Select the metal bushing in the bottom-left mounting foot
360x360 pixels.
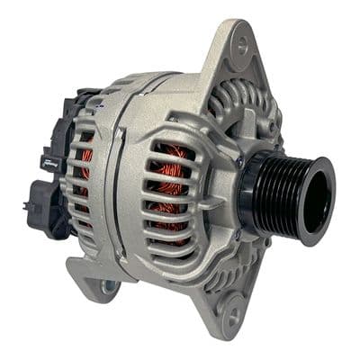tap(109, 286)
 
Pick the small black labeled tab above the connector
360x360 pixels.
tap(49, 162)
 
